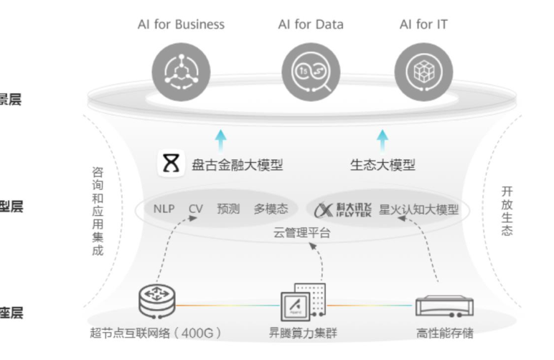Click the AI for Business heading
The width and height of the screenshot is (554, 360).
click(181, 24)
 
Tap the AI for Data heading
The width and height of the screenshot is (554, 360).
click(311, 24)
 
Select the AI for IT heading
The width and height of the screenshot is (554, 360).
click(423, 24)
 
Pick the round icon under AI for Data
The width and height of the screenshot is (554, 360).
click(311, 70)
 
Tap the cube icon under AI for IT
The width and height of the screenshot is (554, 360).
click(423, 70)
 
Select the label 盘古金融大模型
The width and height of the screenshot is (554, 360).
click(237, 165)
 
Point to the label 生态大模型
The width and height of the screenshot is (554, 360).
click(382, 165)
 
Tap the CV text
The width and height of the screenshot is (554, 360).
click(196, 209)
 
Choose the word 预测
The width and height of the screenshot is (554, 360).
click(228, 209)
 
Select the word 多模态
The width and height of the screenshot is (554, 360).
click(271, 209)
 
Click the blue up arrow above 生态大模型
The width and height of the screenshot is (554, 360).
click(382, 138)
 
